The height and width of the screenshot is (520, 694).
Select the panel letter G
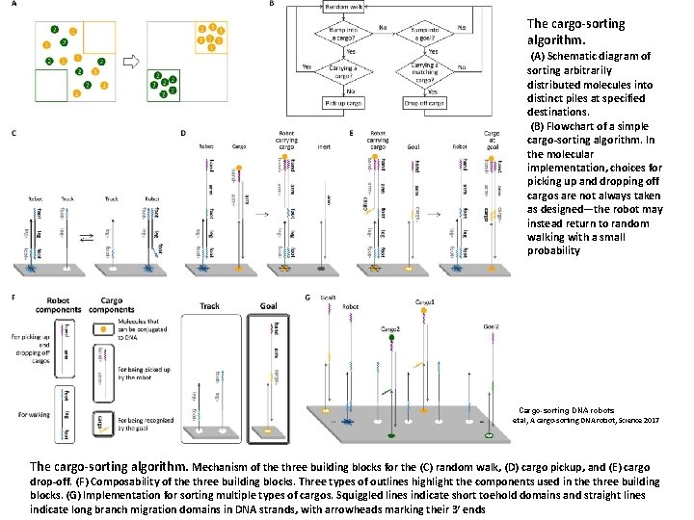(x=307, y=298)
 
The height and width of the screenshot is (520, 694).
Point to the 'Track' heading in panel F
(x=209, y=306)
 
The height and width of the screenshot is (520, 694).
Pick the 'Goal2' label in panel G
(x=491, y=327)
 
